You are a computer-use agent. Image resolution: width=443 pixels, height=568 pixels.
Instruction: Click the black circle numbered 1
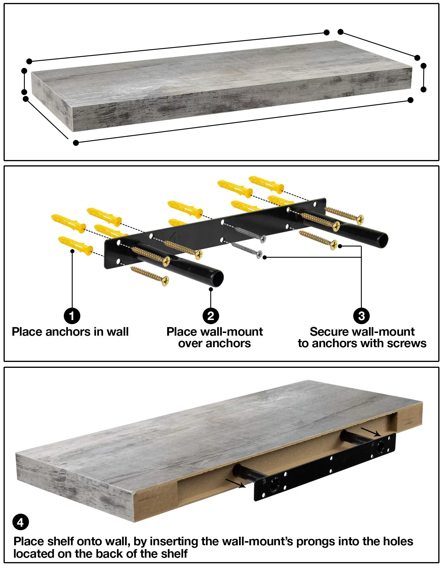pyautogui.click(x=72, y=316)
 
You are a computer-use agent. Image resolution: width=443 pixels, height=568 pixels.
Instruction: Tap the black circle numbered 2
pyautogui.click(x=211, y=316)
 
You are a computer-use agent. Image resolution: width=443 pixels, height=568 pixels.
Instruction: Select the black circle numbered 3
pyautogui.click(x=361, y=316)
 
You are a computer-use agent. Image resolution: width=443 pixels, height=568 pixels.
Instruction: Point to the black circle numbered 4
pyautogui.click(x=20, y=522)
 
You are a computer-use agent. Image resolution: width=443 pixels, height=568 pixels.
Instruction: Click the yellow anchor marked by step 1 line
pyautogui.click(x=75, y=245)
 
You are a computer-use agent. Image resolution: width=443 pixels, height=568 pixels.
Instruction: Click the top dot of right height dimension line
pyautogui.click(x=424, y=66)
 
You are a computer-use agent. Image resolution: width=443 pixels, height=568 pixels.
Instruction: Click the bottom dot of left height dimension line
pyautogui.click(x=24, y=92)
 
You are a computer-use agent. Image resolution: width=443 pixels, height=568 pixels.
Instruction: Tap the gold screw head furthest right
pyautogui.click(x=360, y=220)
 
